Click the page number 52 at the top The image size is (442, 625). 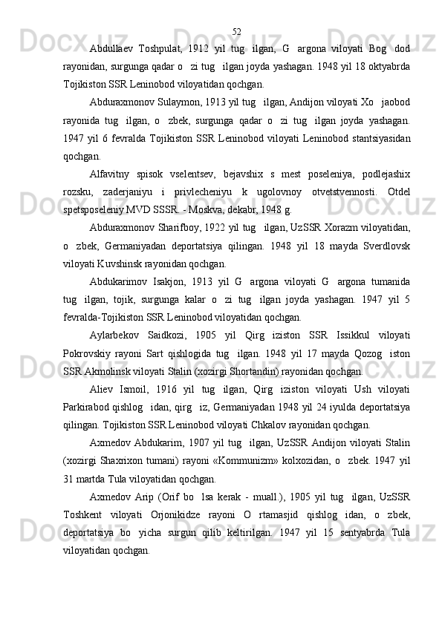pyautogui.click(x=236, y=32)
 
